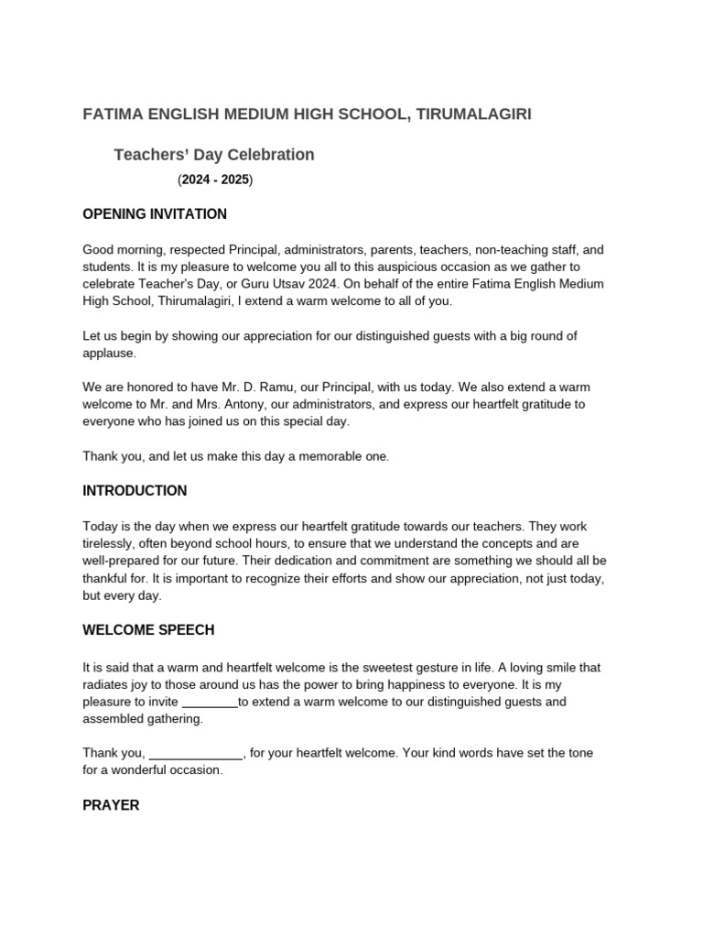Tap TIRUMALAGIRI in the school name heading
click(x=473, y=114)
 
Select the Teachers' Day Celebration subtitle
click(x=213, y=155)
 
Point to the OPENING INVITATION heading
click(x=155, y=214)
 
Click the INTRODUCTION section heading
click(x=135, y=491)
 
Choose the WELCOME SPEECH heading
click(x=148, y=631)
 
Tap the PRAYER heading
click(x=111, y=806)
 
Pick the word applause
click(x=109, y=353)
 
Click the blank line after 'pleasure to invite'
click(x=210, y=703)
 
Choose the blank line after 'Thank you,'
click(x=195, y=754)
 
